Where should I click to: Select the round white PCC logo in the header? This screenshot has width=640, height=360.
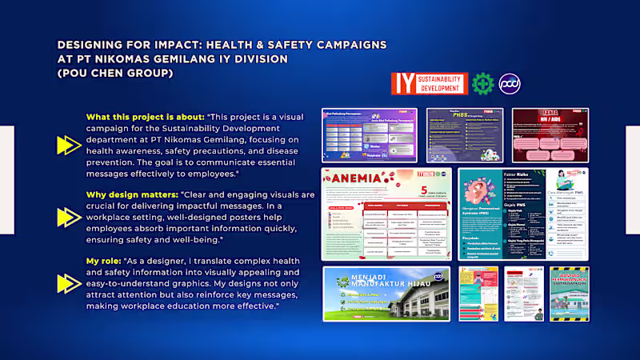pyautogui.click(x=510, y=83)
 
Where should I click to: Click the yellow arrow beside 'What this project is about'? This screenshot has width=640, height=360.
pyautogui.click(x=68, y=145)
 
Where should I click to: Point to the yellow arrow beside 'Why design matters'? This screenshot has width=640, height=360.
pyautogui.click(x=68, y=217)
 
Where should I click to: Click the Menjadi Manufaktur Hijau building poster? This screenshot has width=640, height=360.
pyautogui.click(x=386, y=293)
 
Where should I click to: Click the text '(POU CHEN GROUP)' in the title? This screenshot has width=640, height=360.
pyautogui.click(x=114, y=73)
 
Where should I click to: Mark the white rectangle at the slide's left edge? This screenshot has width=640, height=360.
pyautogui.click(x=6, y=180)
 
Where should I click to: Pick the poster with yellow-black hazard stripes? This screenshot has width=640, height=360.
pyautogui.click(x=569, y=294)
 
